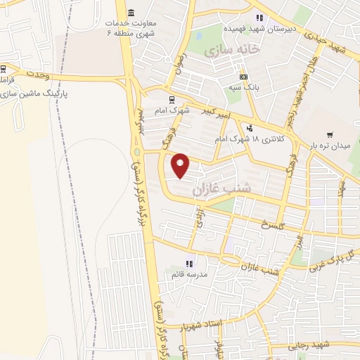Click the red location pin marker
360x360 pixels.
(181, 165)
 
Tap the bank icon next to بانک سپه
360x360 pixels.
(243, 77)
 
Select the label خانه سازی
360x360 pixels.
(230, 51)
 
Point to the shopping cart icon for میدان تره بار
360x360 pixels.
(330, 134)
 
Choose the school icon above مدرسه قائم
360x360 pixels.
(188, 264)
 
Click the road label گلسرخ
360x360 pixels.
(271, 225)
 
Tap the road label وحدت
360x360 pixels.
(38, 73)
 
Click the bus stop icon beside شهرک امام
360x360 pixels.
(172, 99)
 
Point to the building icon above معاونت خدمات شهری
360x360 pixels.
(132, 13)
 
